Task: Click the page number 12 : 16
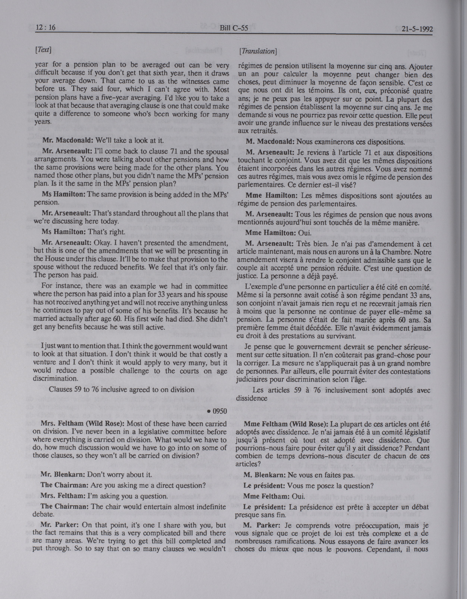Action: pyautogui.click(x=46, y=27)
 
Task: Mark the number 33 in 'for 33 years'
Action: pyautogui.click(x=162, y=295)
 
